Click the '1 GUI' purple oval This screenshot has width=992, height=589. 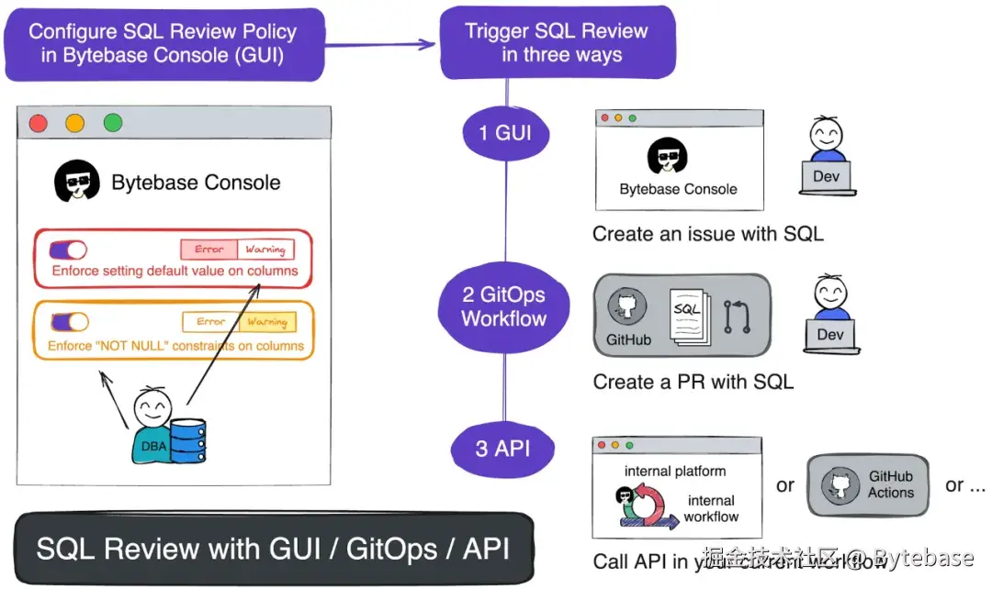(505, 134)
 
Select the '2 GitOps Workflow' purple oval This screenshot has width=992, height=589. (504, 306)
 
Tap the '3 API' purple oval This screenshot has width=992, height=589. (503, 450)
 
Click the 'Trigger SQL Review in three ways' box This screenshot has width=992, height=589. (557, 42)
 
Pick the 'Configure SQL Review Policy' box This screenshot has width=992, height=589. (163, 43)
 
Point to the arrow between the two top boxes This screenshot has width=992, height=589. (380, 43)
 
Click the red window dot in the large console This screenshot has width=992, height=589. (39, 123)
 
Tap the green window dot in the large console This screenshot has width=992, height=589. (113, 123)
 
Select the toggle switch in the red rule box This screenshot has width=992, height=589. (68, 250)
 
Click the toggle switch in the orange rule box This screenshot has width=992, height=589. (70, 322)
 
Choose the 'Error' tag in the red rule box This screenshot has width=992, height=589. (209, 250)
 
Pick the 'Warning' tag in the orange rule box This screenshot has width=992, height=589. (267, 322)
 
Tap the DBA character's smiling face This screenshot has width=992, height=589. (151, 406)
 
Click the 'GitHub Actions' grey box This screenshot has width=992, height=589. (868, 484)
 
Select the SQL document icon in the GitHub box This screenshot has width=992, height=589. (687, 317)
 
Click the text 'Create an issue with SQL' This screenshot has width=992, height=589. (707, 234)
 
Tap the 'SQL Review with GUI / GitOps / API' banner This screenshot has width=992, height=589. (273, 549)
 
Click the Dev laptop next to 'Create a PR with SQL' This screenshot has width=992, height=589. (829, 336)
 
